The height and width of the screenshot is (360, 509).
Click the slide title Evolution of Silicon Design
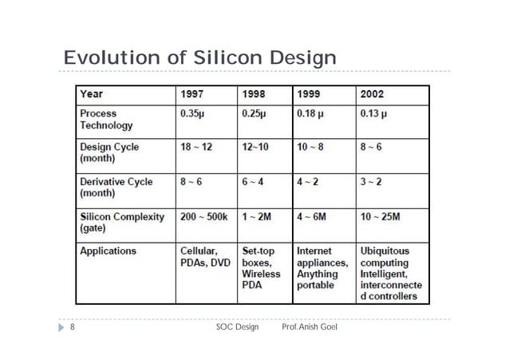pyautogui.click(x=199, y=58)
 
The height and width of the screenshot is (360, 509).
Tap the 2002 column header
pyautogui.click(x=372, y=94)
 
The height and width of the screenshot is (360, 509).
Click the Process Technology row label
pyautogui.click(x=106, y=119)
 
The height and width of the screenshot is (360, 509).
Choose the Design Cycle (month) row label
pyautogui.click(x=109, y=153)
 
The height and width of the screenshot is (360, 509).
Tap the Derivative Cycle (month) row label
pyautogui.click(x=116, y=188)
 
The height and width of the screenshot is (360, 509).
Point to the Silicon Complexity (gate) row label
pyautogui.click(x=121, y=222)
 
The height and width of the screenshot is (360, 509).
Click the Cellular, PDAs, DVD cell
pyautogui.click(x=205, y=257)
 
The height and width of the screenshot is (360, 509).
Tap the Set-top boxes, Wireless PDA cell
pyautogui.click(x=261, y=268)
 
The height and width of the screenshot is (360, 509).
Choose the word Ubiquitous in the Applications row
pyautogui.click(x=385, y=251)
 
